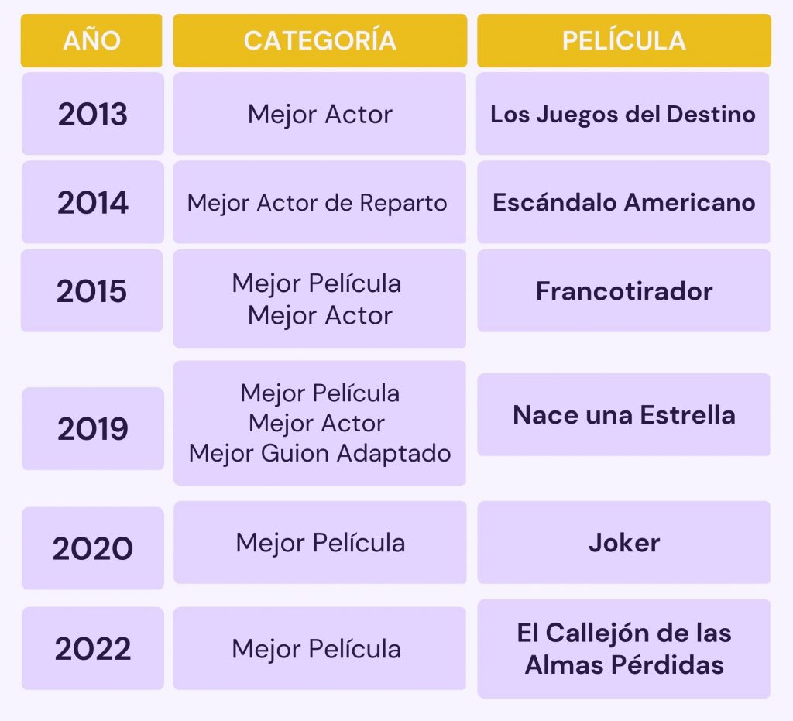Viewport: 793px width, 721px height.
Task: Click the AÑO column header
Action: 91,40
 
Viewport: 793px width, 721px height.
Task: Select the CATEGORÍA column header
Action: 320,40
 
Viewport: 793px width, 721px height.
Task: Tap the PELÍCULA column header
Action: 624,40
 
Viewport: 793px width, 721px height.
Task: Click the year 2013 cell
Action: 93,114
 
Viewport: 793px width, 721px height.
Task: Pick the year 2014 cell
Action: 93,202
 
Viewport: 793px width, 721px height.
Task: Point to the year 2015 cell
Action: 91,290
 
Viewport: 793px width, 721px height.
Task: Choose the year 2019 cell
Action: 93,429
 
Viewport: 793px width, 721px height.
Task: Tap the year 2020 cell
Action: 93,548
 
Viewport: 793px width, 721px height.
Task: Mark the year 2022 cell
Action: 93,648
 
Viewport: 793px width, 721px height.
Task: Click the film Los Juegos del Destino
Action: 623,115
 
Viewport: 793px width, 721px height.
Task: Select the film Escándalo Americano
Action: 624,202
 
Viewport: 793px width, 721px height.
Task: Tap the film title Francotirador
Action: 624,291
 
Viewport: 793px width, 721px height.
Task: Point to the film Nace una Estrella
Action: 624,415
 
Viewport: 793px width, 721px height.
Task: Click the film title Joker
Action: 624,543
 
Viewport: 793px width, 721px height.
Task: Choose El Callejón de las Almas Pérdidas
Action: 624,649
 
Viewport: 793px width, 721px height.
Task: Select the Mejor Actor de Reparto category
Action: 317,203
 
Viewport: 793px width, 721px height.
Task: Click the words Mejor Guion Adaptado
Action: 320,453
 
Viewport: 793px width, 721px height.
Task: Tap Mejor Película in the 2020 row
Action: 320,543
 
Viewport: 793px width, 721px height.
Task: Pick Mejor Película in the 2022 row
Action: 317,649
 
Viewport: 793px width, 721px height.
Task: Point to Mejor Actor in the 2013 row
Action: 320,115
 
